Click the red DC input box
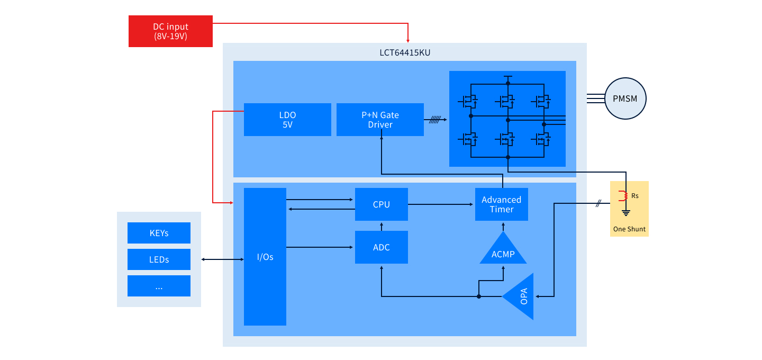tap(170, 31)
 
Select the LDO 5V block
tap(287, 120)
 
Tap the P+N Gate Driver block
tap(380, 120)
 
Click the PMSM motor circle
tap(625, 98)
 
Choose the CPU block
tap(381, 204)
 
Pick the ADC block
tap(381, 247)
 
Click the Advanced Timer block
tap(501, 204)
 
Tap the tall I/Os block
tap(265, 257)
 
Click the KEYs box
tap(159, 233)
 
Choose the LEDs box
tap(159, 259)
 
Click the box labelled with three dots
tap(159, 286)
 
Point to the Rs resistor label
tap(634, 196)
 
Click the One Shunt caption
tap(629, 229)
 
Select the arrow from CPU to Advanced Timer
tap(441, 204)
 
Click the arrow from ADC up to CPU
tap(381, 226)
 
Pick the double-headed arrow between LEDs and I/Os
tap(222, 259)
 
